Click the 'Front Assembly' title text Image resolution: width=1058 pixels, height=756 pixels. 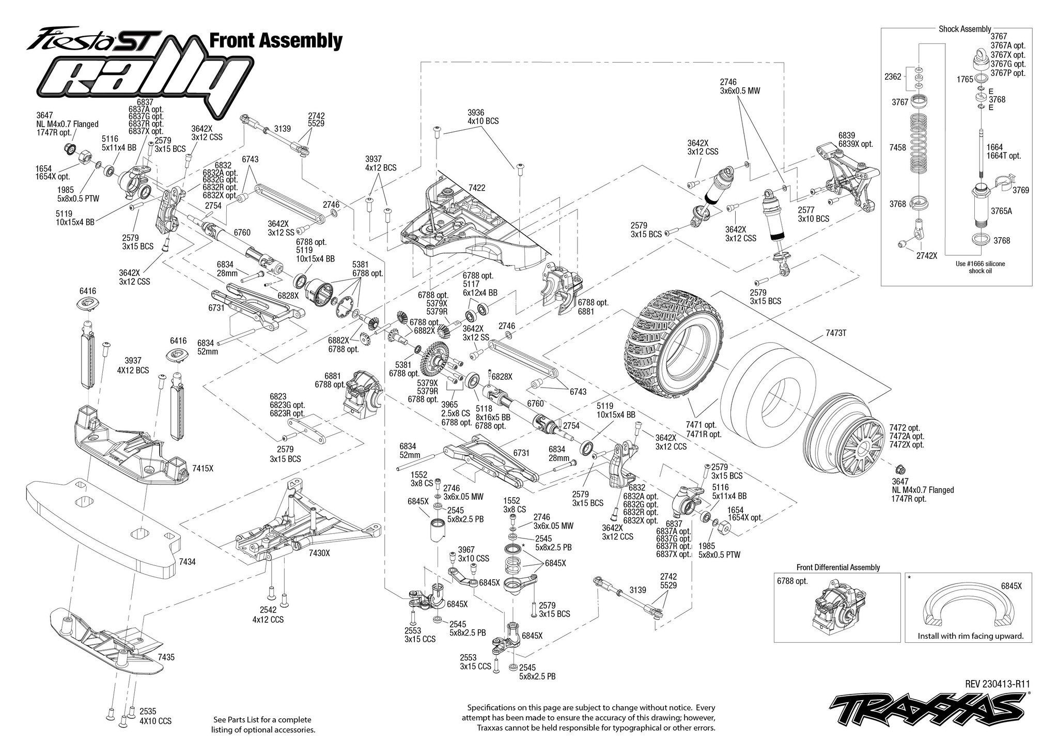click(x=275, y=41)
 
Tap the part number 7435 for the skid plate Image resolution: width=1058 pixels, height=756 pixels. click(x=166, y=657)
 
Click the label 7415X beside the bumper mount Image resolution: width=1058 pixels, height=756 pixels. click(x=203, y=468)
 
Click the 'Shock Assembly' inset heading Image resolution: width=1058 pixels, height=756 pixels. click(x=964, y=29)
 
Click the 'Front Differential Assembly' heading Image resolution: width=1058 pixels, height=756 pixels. click(x=838, y=567)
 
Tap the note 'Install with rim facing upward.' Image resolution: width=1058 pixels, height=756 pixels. click(x=971, y=636)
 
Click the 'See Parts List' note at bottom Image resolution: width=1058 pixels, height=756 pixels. click(x=263, y=724)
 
